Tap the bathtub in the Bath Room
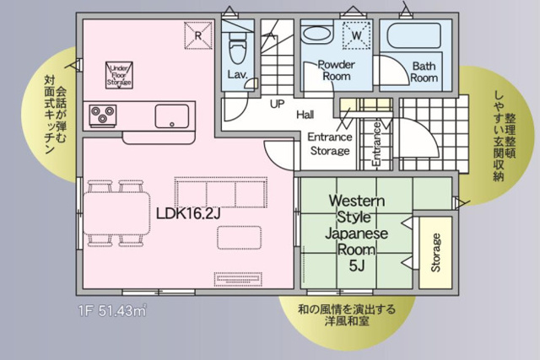pyautogui.click(x=414, y=35)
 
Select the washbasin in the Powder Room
pyautogui.click(x=317, y=35)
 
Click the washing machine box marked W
pyautogui.click(x=357, y=35)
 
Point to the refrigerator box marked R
pyautogui.click(x=198, y=35)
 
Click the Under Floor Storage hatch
pyautogui.click(x=119, y=75)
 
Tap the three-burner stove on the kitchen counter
pyautogui.click(x=103, y=115)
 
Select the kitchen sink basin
pyautogui.click(x=172, y=116)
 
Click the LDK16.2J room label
pyautogui.click(x=188, y=214)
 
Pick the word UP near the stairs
pyautogui.click(x=278, y=104)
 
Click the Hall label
pyautogui.click(x=305, y=115)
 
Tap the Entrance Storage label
pyautogui.click(x=330, y=144)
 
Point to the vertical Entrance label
pyautogui.click(x=376, y=144)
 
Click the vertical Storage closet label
pyautogui.click(x=435, y=253)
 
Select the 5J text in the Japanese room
pyautogui.click(x=357, y=266)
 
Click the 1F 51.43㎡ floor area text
pyautogui.click(x=112, y=311)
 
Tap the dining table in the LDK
pyautogui.click(x=116, y=213)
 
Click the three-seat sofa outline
pyautogui.click(x=221, y=192)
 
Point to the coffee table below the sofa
pyautogui.click(x=239, y=237)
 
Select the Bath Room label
pyautogui.click(x=424, y=72)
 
